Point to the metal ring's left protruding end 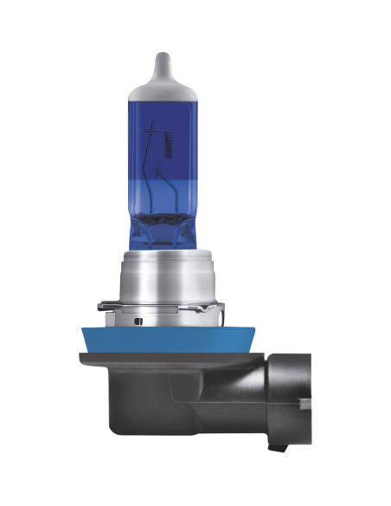point(101,304)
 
